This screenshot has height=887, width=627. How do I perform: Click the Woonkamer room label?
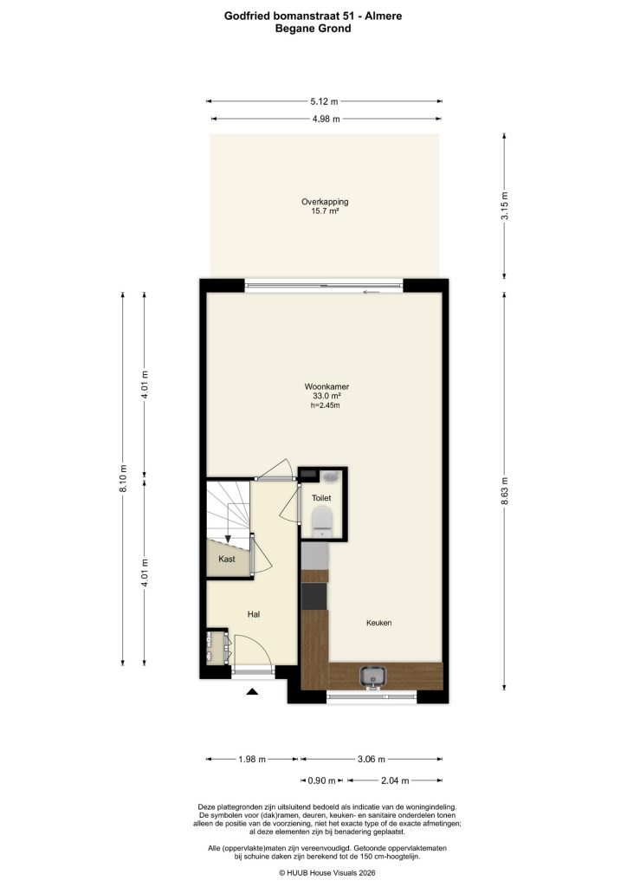coord(326,386)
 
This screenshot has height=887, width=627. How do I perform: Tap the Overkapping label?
coord(325,202)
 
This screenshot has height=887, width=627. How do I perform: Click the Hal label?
coord(254,614)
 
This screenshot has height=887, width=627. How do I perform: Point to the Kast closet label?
coord(227,559)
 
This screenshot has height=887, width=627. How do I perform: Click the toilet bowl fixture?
coord(322,520)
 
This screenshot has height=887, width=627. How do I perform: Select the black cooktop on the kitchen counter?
coord(315,596)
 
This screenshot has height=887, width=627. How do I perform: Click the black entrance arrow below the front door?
coord(252,692)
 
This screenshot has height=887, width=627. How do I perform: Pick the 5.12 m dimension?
coord(325,101)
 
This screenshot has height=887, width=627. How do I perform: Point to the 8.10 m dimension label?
coord(123,476)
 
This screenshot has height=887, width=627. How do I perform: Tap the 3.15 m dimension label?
coord(505,206)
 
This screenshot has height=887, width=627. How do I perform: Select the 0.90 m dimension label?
coord(321,780)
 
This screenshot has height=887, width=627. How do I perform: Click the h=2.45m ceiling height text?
coord(326,405)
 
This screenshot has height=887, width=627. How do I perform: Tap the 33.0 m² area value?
coord(326,396)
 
